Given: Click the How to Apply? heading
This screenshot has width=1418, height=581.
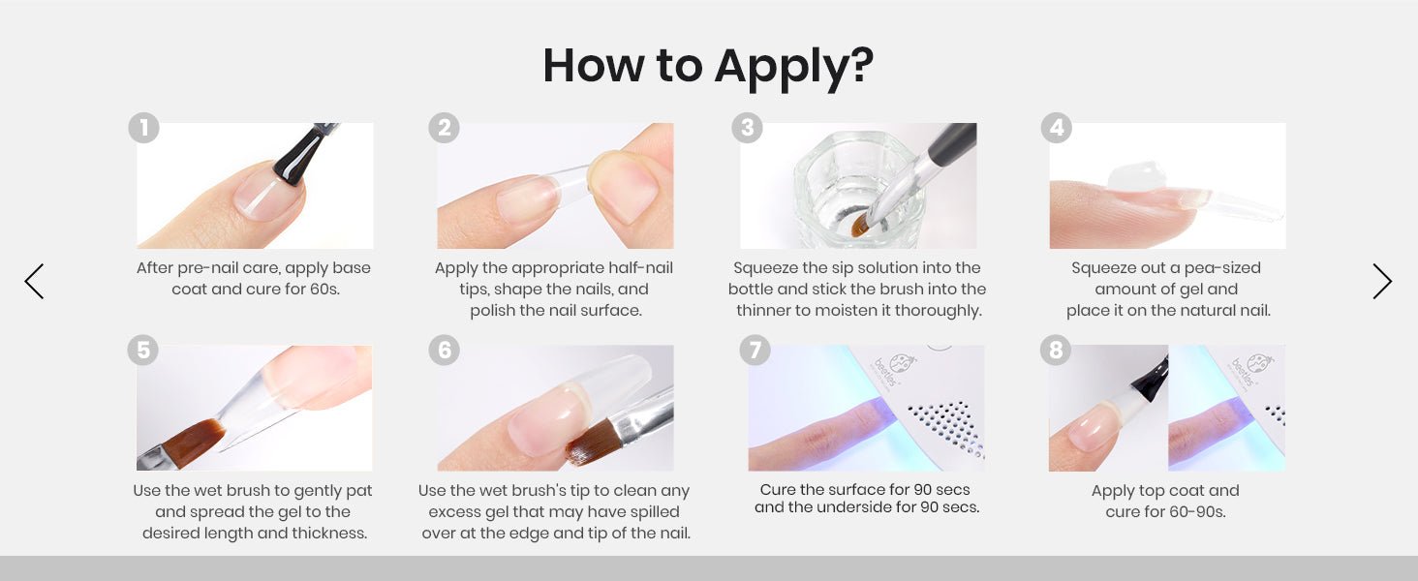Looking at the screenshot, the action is [708, 67].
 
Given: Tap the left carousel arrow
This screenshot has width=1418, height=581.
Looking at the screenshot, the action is [34, 281].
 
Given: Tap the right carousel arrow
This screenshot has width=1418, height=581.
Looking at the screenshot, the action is [1382, 281].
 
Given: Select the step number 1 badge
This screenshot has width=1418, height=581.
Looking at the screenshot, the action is [143, 128].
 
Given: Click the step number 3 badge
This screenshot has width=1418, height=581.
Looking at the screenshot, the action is [747, 128].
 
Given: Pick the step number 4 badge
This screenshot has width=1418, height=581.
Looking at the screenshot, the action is [1057, 128].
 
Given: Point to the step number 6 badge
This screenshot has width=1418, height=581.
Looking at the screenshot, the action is [445, 350].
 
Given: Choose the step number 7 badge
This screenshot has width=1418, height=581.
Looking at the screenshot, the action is [755, 350].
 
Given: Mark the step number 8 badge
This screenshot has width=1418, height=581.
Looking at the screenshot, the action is [1056, 350].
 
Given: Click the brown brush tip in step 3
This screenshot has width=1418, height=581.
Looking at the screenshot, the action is [859, 226].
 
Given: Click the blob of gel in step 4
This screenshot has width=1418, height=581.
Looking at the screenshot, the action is [1136, 176].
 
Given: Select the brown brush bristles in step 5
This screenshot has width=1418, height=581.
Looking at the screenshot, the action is [194, 442].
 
